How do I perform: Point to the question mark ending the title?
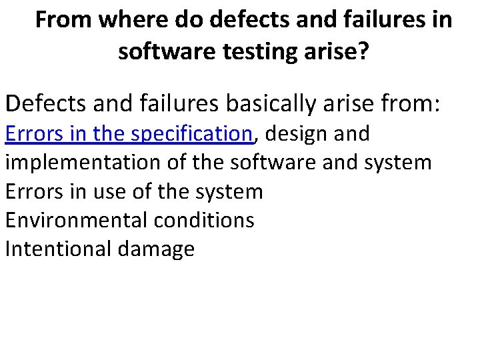pos(362,51)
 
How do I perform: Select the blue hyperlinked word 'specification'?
pos(192,134)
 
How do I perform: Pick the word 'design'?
pos(291,134)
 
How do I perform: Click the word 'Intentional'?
pos(58,249)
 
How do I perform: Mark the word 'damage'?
pos(155,249)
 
